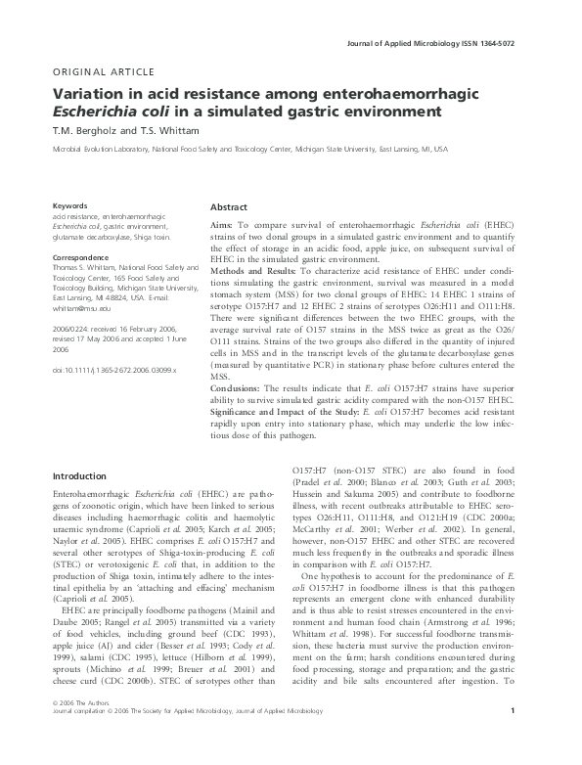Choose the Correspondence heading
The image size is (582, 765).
tap(83, 257)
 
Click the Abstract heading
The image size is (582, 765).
tap(229, 208)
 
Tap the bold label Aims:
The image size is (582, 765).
tap(222, 225)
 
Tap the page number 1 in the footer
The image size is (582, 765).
tap(525, 738)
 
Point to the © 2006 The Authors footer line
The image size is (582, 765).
tap(85, 730)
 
